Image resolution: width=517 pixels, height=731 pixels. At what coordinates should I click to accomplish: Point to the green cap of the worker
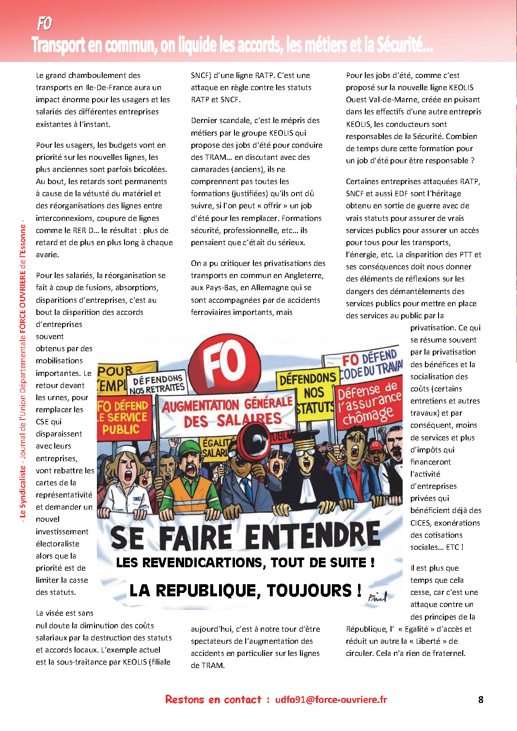(x=190, y=449)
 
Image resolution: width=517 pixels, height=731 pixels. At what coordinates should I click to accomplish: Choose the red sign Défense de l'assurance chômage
(x=369, y=403)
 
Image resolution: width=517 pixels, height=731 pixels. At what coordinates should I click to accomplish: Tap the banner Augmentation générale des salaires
(x=227, y=412)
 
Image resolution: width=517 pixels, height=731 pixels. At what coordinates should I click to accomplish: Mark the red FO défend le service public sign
(x=123, y=417)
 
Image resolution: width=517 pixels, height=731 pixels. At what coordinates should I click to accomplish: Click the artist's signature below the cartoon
(x=377, y=597)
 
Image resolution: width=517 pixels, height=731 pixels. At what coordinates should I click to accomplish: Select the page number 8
(x=481, y=700)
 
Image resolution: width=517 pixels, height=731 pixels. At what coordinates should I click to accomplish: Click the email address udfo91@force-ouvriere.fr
(x=331, y=700)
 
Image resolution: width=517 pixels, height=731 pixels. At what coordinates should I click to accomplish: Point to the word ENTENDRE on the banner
(x=313, y=537)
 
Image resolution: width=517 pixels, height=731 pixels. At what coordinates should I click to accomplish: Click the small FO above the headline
(x=44, y=23)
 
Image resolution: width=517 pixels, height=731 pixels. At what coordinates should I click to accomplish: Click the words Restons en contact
(x=213, y=700)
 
